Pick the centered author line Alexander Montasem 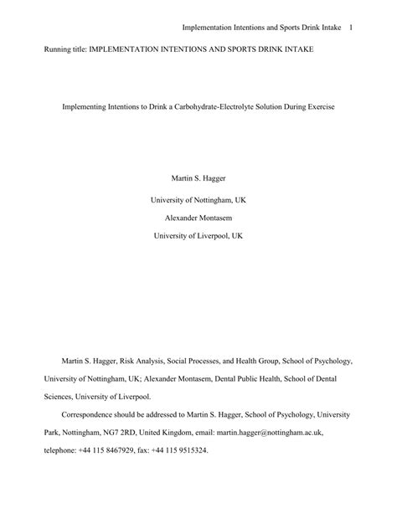198,218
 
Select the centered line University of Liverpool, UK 198,236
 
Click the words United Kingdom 190,432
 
